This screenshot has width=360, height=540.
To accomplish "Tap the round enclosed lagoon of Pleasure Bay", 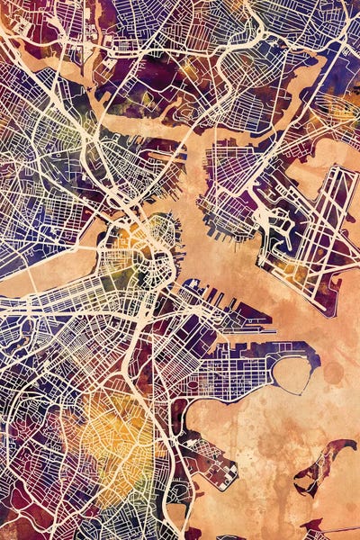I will pos(292,373).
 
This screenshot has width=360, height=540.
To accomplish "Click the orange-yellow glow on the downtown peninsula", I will pos(135,238).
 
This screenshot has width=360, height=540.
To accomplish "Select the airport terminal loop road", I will pos(270,225).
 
